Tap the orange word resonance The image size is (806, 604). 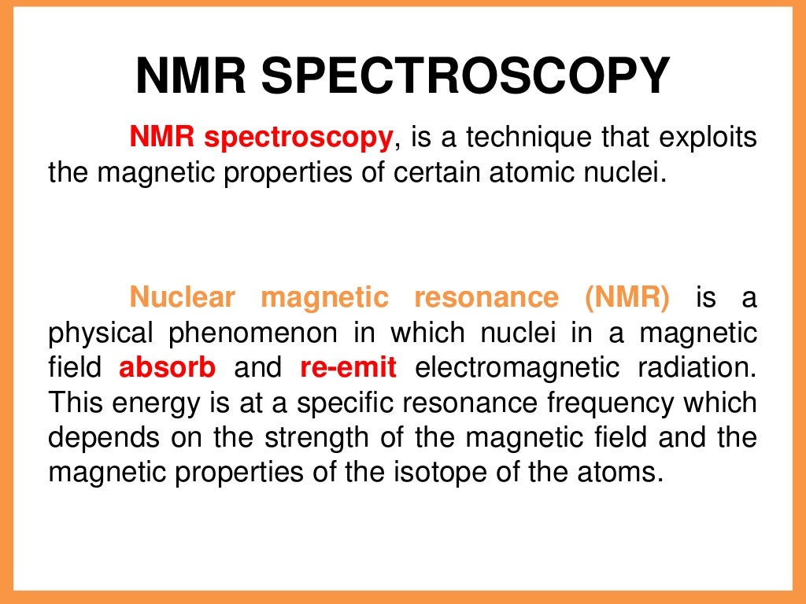[486, 298]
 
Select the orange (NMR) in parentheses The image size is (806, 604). [627, 298]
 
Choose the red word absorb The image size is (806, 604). [167, 367]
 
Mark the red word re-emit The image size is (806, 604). [349, 367]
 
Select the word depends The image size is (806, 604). [98, 437]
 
